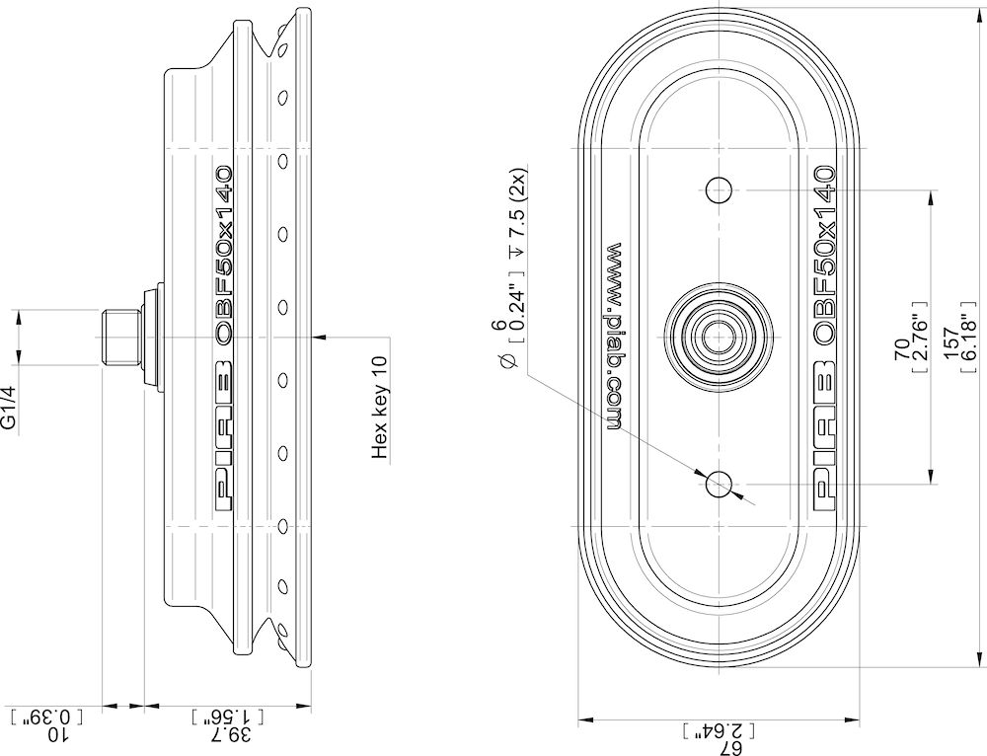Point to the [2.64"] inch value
(x=718, y=730)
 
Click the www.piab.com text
(x=612, y=336)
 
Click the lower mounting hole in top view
(x=720, y=483)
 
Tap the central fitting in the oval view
(x=718, y=336)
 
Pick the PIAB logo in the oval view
(x=826, y=434)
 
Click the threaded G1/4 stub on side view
(x=118, y=336)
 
